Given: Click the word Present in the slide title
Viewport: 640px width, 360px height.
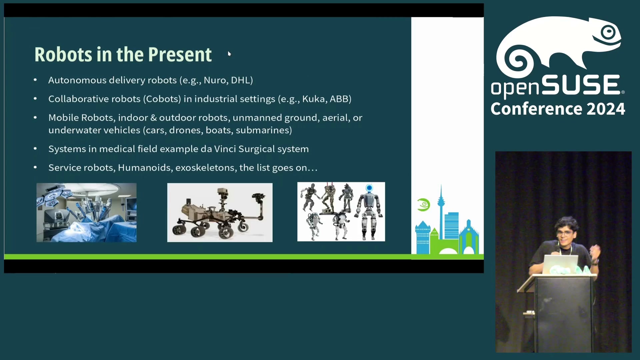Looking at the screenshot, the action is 180,54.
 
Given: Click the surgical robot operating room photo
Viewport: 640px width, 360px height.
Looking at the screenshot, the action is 86,212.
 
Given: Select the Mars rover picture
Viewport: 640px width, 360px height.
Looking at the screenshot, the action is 220,212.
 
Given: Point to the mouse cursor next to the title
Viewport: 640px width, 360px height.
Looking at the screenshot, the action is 229,54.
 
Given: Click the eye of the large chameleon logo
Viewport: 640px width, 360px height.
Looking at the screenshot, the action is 608,32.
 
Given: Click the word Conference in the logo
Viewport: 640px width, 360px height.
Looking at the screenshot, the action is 536,109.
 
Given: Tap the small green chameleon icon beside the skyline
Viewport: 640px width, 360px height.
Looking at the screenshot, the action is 423,205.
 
